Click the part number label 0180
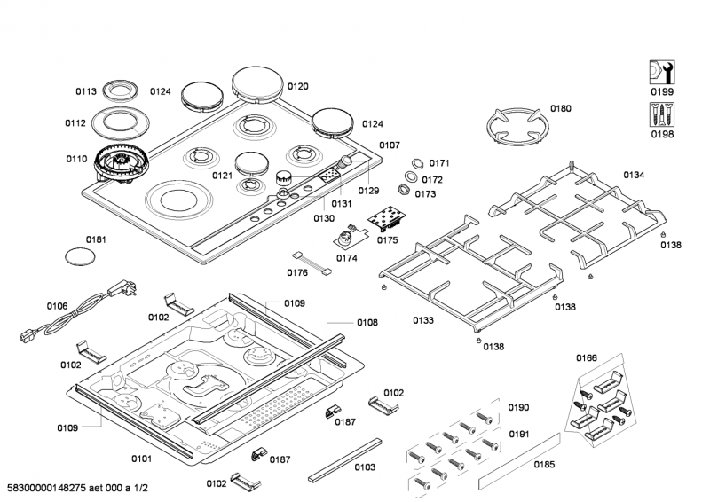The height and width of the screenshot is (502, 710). pyautogui.click(x=560, y=109)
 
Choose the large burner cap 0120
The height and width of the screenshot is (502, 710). pyautogui.click(x=257, y=85)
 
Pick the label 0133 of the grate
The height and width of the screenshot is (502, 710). pyautogui.click(x=422, y=319)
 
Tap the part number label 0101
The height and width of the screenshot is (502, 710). pyautogui.click(x=142, y=459)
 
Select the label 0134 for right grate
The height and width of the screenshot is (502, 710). pyautogui.click(x=633, y=175)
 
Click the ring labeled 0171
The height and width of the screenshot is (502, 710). pyautogui.click(x=414, y=165)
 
